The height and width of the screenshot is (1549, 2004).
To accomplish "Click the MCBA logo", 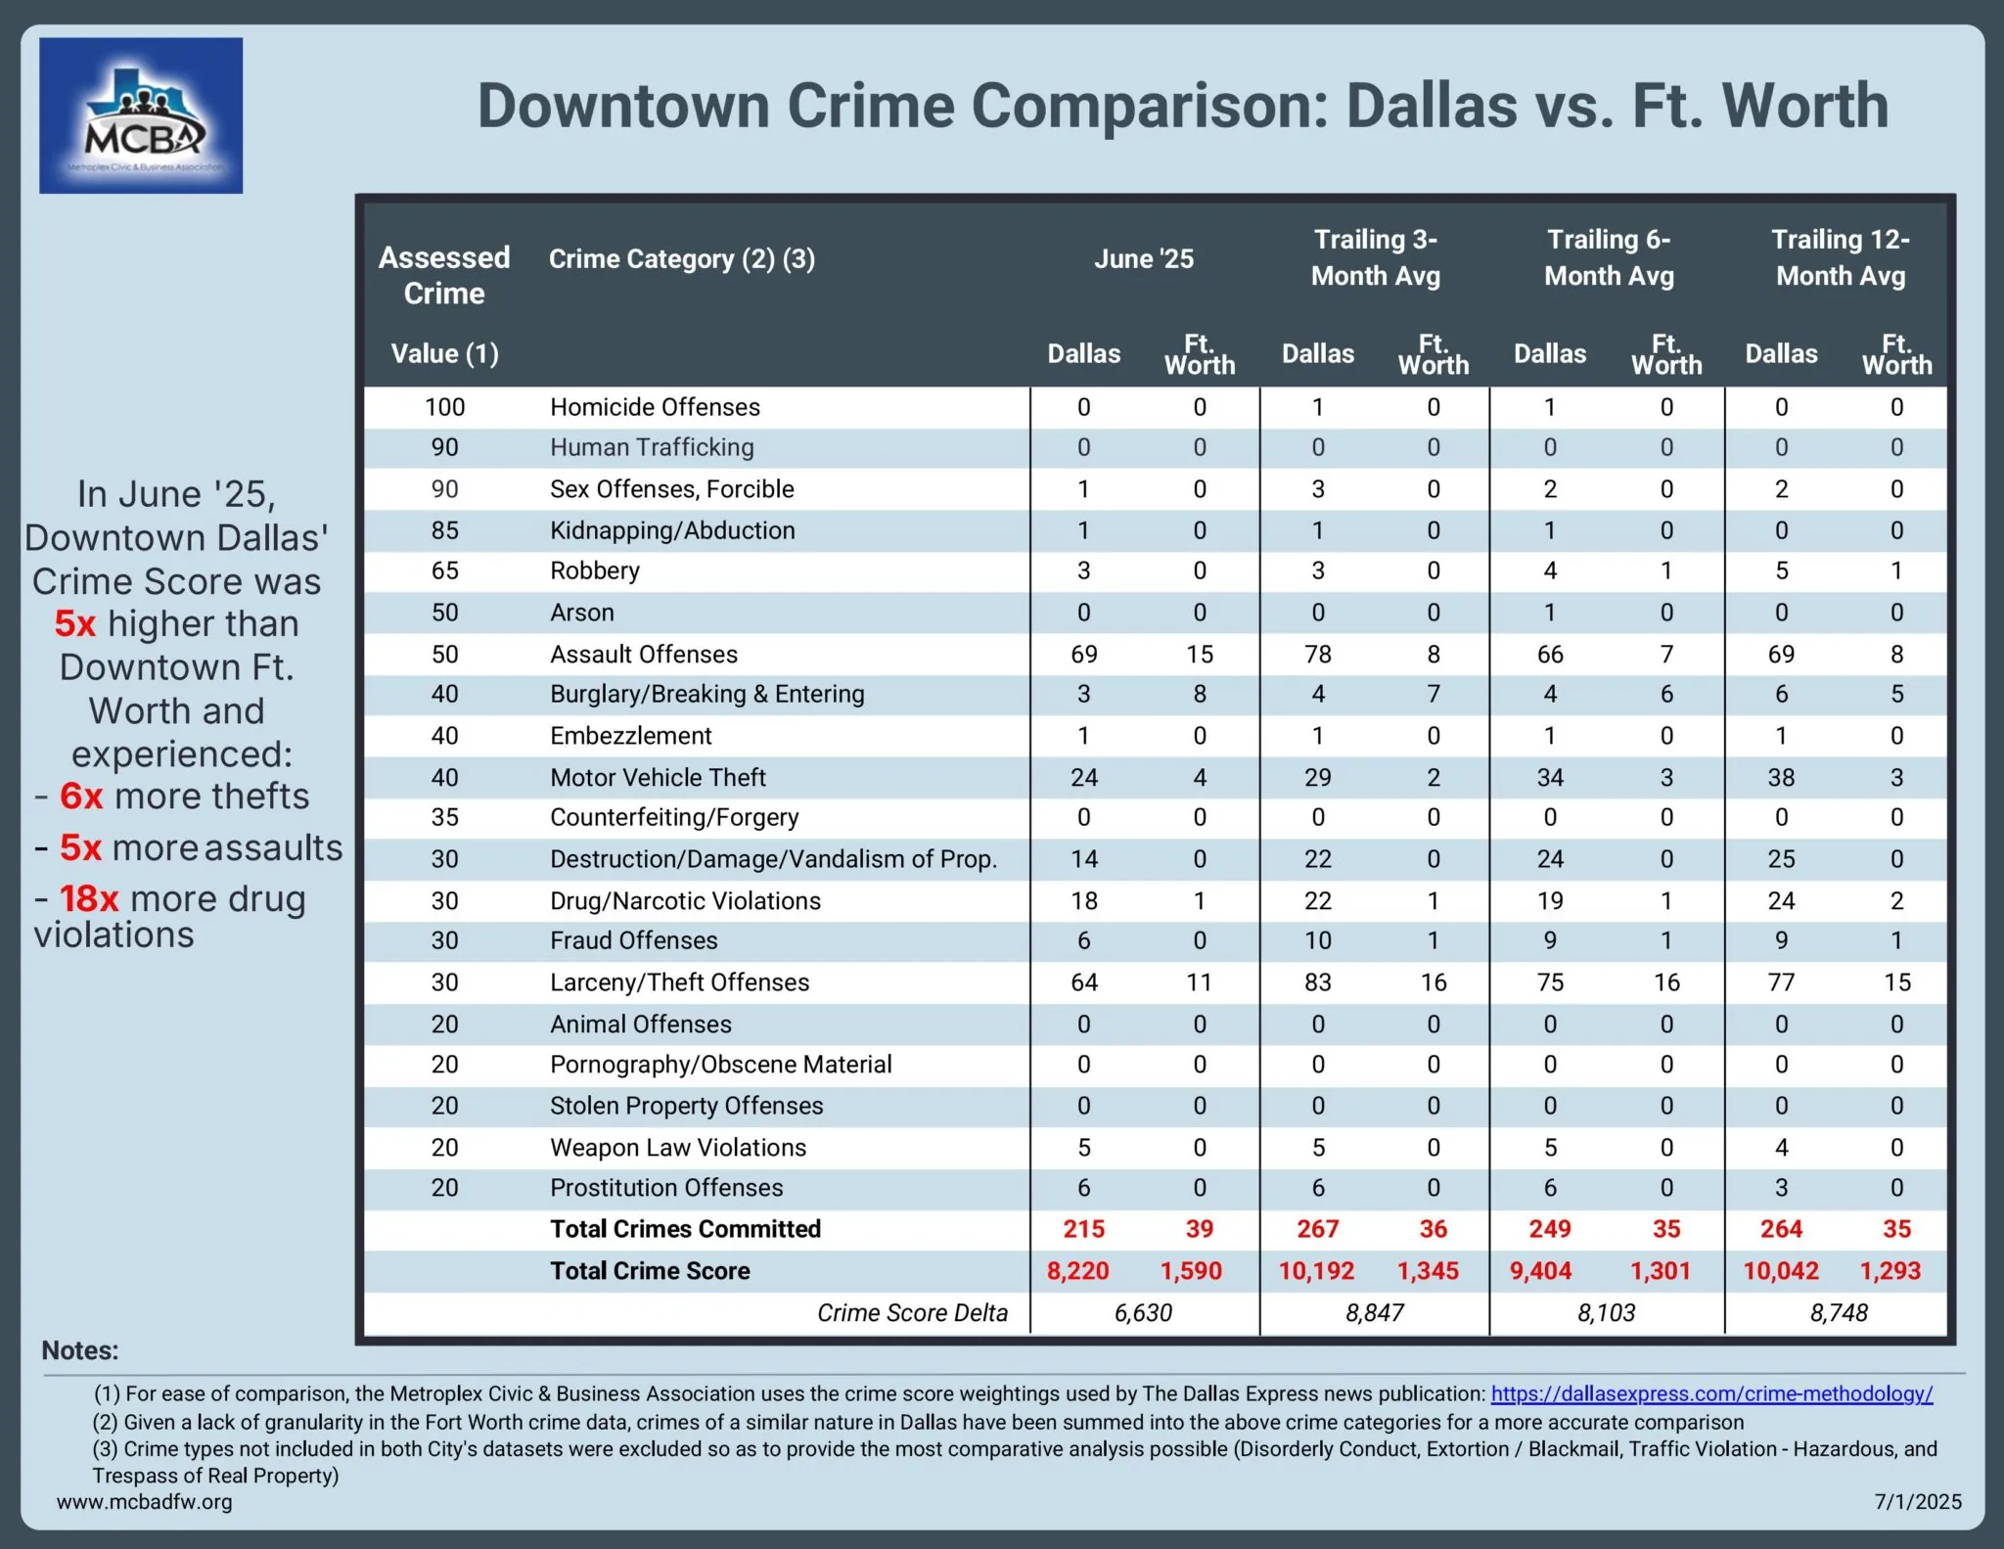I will (141, 115).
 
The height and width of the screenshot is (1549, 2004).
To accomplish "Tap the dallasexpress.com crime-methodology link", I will (1711, 1393).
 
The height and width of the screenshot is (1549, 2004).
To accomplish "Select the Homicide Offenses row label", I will (655, 407).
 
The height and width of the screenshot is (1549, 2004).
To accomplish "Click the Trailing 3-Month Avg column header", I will (1375, 257).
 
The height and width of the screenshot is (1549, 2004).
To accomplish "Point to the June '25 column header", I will (1143, 259).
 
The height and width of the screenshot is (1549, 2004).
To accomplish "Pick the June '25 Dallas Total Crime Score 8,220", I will (1077, 1271).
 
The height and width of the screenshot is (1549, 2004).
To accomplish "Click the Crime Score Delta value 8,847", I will (1374, 1313).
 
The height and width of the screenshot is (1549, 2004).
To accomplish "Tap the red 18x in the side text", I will (89, 898).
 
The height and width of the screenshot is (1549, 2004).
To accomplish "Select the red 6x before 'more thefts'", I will (81, 797).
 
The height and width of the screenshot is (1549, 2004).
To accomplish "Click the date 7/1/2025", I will (1918, 1502).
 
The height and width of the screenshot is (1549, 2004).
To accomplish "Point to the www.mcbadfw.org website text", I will (145, 1502).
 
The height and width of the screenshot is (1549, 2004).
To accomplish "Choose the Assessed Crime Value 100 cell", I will (444, 407).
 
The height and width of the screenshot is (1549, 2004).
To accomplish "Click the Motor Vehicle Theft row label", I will (658, 778).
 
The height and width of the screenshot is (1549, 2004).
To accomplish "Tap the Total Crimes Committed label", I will (685, 1229).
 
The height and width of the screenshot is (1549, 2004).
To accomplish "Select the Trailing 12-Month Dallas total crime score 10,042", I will (1780, 1271).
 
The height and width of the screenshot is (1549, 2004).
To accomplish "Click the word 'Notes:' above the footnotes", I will (80, 1351).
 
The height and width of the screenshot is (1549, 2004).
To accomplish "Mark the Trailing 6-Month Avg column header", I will (1608, 257).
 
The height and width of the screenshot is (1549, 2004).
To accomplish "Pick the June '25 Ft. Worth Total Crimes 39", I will (1199, 1229).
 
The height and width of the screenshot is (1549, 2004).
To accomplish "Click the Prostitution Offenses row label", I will (666, 1188).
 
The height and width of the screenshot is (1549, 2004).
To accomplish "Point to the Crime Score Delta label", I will (912, 1313).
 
